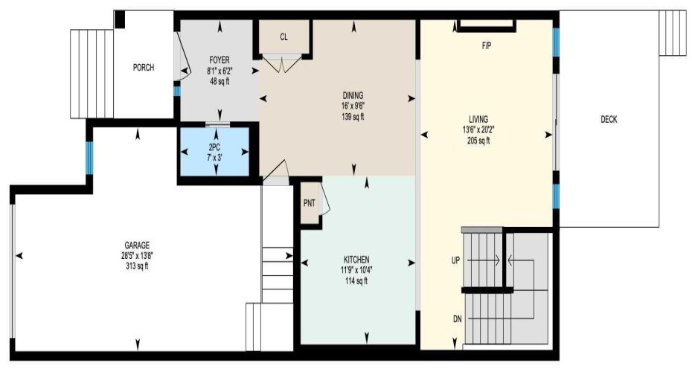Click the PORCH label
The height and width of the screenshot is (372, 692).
[144, 68]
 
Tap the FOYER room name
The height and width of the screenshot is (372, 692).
[220, 60]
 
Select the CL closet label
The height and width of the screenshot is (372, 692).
[283, 37]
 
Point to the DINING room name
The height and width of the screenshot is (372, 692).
[353, 95]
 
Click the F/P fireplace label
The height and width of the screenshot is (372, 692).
[487, 46]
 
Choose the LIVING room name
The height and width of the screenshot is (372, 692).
[478, 119]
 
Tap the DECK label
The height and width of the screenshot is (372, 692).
[609, 119]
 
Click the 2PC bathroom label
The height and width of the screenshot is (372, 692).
[214, 148]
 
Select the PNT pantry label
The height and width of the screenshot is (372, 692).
[310, 203]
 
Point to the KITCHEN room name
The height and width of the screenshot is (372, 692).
[356, 260]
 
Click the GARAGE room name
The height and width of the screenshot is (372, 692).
[137, 246]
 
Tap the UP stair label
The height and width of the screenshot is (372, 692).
[456, 261]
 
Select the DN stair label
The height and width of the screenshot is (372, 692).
[457, 318]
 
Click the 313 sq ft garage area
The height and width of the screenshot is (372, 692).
[137, 266]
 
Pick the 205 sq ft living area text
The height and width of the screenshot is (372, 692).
[478, 141]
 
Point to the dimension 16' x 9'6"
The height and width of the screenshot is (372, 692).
[353, 106]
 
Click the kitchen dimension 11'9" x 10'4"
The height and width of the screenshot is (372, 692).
[356, 270]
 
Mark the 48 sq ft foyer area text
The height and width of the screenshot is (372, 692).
[220, 81]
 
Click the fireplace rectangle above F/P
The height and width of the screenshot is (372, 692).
[487, 25]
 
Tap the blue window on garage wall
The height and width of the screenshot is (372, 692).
[89, 158]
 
